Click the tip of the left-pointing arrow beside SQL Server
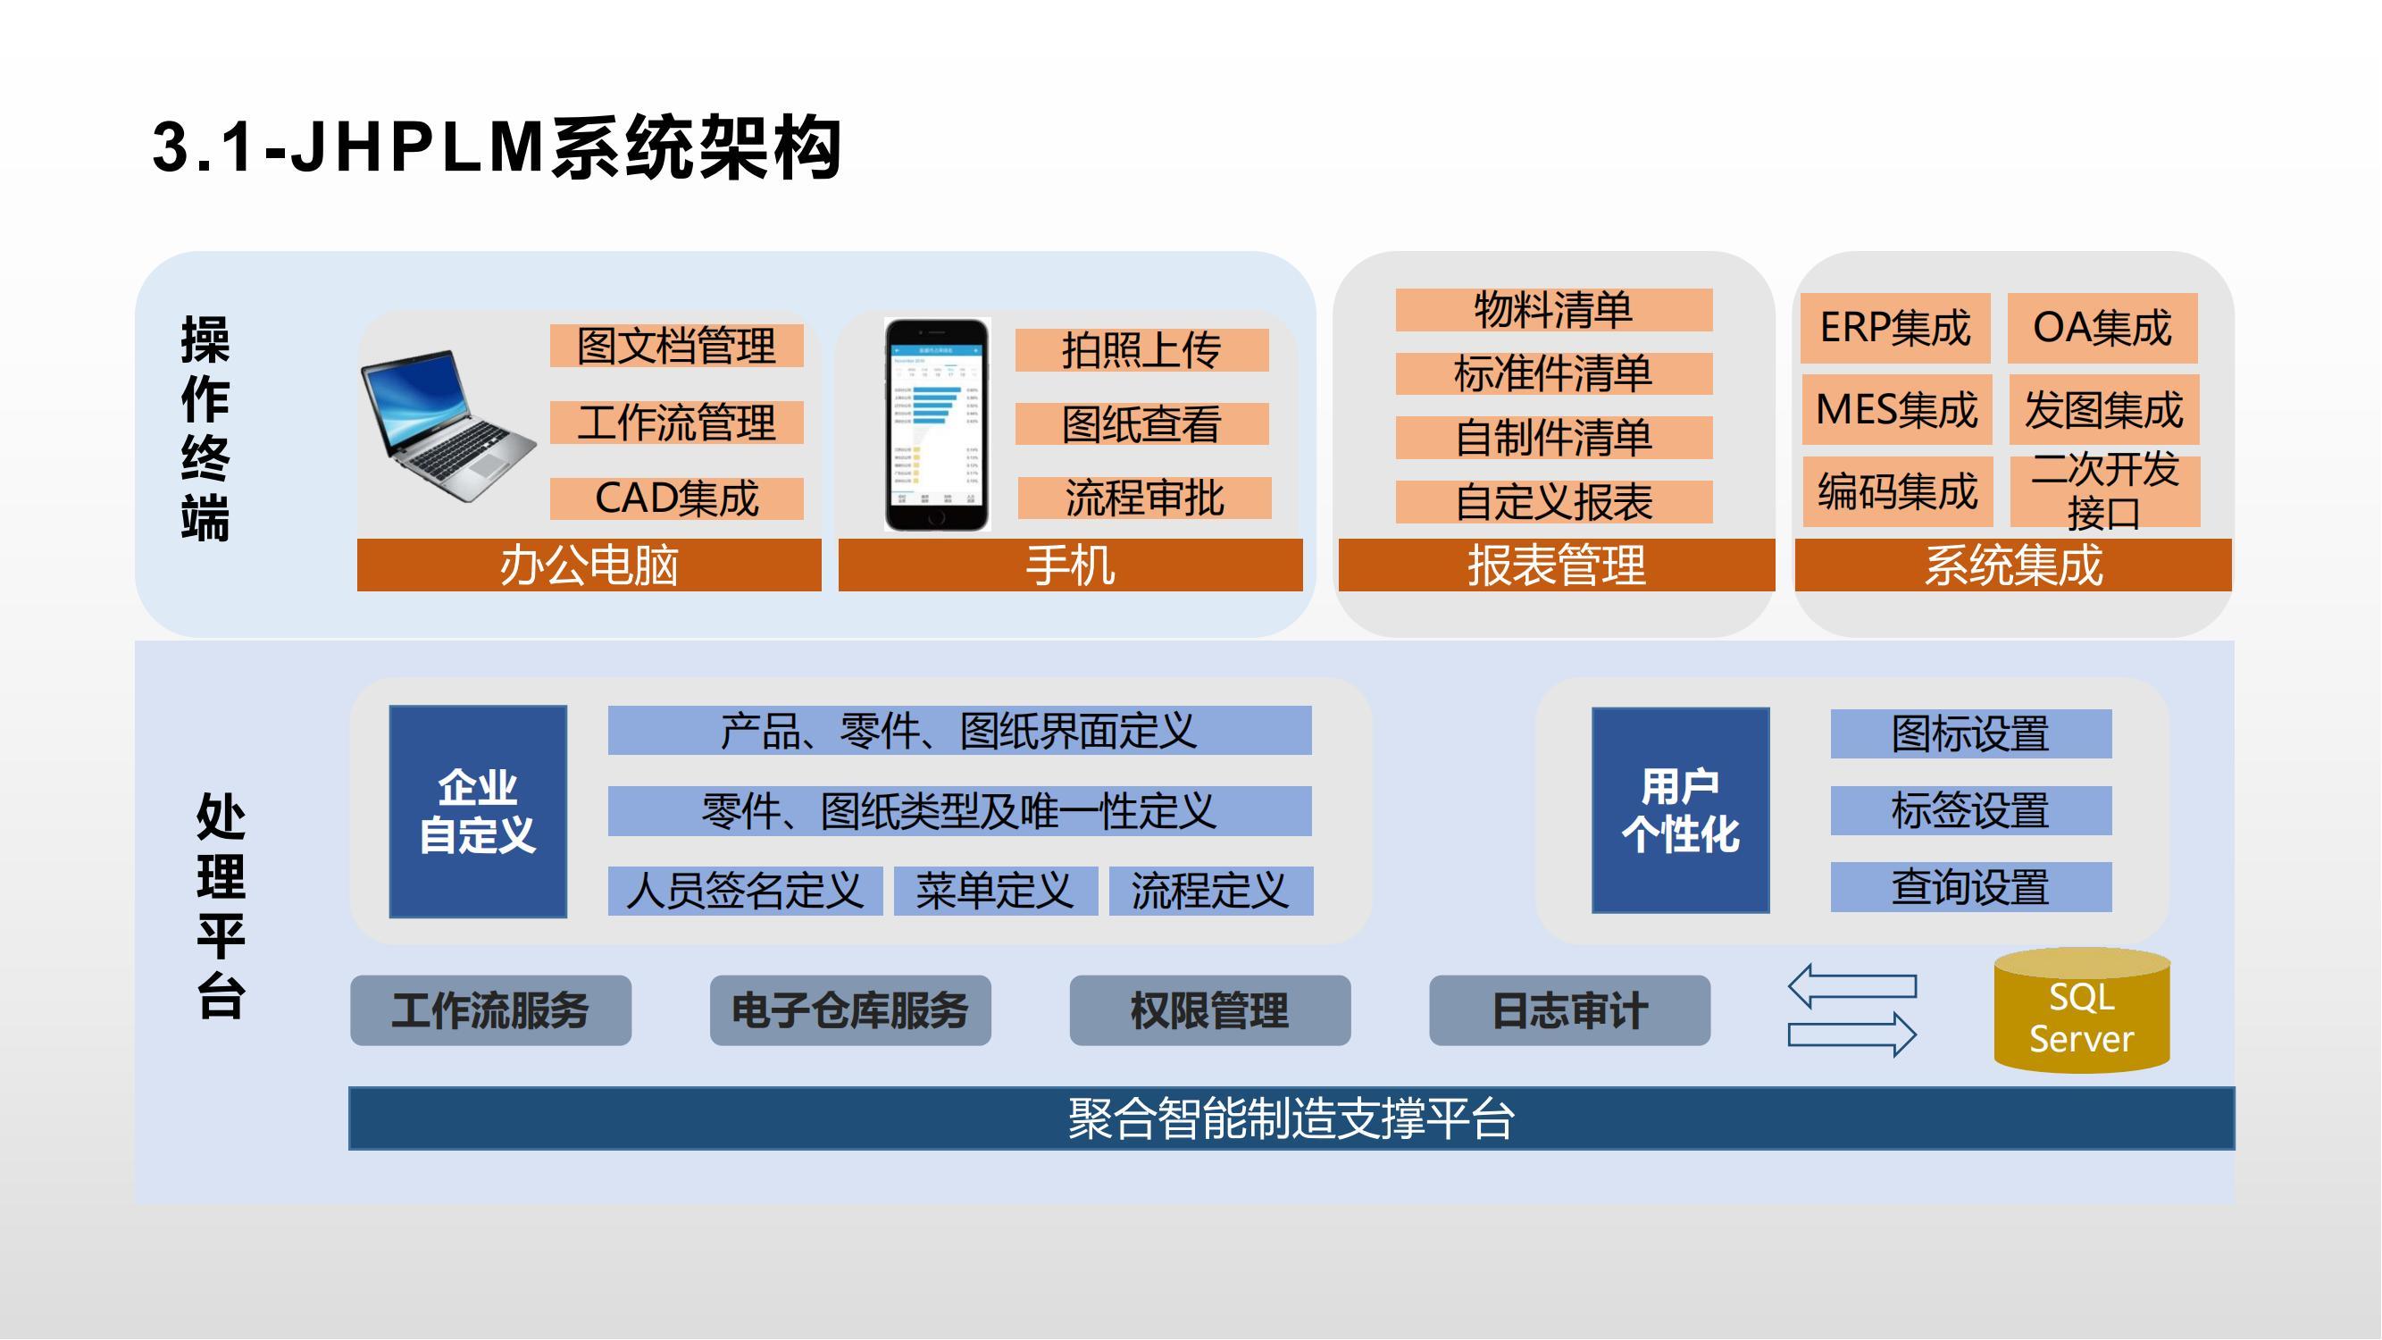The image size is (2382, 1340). coord(1789,986)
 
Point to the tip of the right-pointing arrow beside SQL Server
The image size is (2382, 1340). coord(1916,1034)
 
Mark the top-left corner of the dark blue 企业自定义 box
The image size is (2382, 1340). coord(389,706)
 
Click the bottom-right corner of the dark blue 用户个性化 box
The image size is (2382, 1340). coord(1770,913)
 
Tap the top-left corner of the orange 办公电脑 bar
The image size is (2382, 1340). coord(358,540)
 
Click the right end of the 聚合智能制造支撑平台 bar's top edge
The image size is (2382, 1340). coord(2235,1087)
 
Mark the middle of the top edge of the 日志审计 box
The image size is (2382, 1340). coord(1569,976)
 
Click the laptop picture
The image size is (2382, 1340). coord(448,425)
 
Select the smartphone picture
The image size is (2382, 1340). coord(937,424)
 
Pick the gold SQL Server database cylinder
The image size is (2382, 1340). coord(2082,1009)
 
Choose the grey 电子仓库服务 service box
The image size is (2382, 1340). coord(849,1010)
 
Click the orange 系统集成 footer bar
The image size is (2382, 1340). coord(2013,565)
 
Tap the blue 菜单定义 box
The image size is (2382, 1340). coord(995,891)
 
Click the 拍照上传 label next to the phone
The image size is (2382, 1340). coord(1142,350)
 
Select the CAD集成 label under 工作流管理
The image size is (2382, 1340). coord(677,498)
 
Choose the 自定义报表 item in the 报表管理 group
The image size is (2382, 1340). coord(1553,502)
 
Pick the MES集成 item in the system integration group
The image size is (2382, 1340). coord(1896,409)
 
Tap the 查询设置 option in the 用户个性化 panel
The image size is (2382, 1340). coord(1970,887)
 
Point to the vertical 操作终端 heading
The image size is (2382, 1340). coord(205,427)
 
